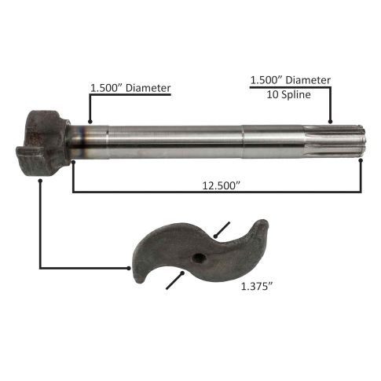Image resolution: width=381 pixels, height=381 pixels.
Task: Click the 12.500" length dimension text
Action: click(x=222, y=185)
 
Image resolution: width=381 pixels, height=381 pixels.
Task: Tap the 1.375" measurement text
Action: click(x=257, y=287)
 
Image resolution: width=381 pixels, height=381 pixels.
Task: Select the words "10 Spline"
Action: click(x=288, y=94)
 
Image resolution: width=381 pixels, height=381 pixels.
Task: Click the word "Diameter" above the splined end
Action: click(x=308, y=80)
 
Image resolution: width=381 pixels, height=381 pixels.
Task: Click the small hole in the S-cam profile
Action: click(x=198, y=258)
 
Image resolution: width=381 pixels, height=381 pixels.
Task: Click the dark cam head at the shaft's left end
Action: click(x=43, y=145)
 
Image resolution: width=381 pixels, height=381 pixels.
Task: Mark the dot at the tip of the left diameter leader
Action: click(x=90, y=121)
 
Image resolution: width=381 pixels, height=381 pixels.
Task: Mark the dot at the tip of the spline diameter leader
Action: click(x=330, y=122)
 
